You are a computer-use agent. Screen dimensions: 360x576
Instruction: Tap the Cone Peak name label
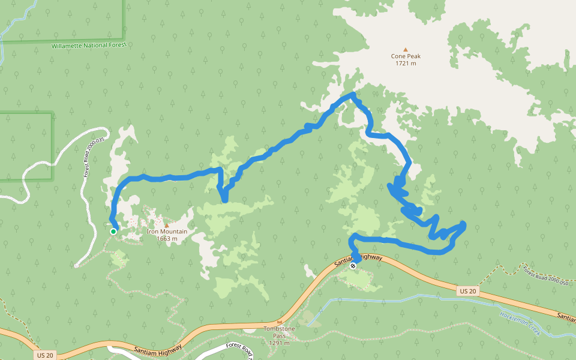click(x=406, y=56)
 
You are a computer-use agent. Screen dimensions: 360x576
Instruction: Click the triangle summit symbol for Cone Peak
click(x=406, y=49)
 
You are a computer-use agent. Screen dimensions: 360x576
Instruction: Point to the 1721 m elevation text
click(x=406, y=63)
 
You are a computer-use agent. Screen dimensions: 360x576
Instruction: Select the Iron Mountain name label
click(x=167, y=232)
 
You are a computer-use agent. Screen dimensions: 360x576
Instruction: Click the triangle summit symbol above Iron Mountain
click(x=167, y=225)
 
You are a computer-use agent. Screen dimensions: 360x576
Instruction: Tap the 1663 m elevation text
click(x=167, y=238)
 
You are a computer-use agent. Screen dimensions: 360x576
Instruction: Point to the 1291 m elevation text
click(x=279, y=343)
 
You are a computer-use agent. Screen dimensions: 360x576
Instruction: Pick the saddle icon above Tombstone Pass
click(x=279, y=322)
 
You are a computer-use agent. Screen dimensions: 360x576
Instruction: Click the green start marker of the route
click(x=113, y=232)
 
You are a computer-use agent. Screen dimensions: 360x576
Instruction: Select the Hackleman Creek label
click(x=520, y=324)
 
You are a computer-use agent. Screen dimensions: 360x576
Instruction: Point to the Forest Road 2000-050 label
click(x=544, y=274)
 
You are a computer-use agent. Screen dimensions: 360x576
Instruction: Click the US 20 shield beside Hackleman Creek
click(x=467, y=291)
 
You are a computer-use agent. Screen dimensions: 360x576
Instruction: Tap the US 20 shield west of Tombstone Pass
click(x=44, y=355)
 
